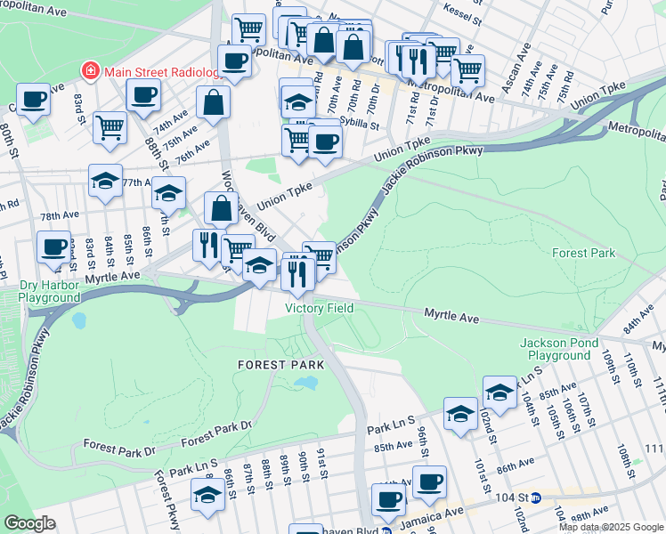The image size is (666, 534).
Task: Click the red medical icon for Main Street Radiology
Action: click(x=90, y=71)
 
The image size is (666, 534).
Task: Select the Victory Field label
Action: click(x=319, y=308)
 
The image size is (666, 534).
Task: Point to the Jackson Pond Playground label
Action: click(x=556, y=349)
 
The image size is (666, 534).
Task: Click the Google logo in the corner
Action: click(x=30, y=523)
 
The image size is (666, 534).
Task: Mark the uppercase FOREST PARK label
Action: click(x=280, y=365)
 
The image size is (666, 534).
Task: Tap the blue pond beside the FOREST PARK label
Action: click(x=305, y=384)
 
